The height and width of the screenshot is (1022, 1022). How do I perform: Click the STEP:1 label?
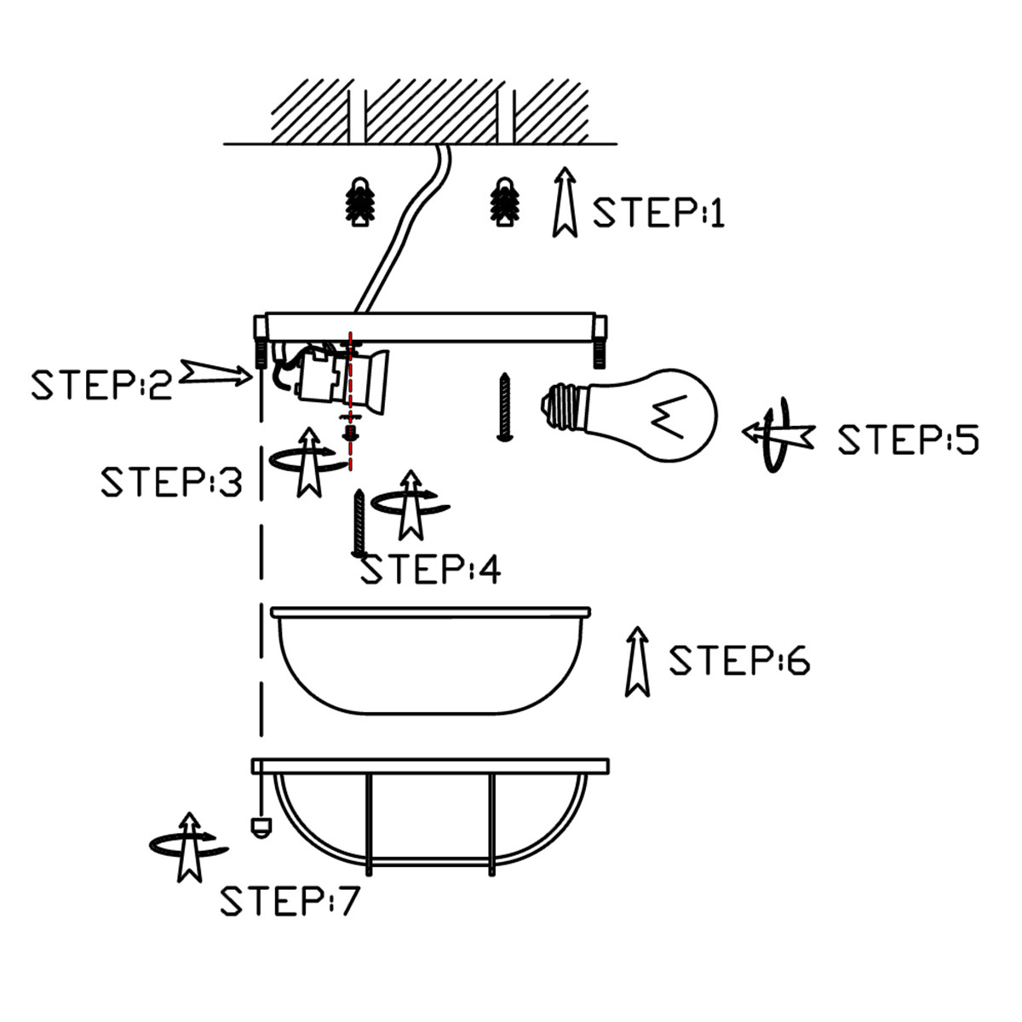tap(658, 212)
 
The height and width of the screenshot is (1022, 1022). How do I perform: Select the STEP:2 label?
tap(101, 384)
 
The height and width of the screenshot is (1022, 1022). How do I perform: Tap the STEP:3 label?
tap(171, 482)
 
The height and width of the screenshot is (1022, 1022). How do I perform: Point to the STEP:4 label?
tap(431, 570)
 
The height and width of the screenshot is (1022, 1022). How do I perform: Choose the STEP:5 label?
tap(908, 439)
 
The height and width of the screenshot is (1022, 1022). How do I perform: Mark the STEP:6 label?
tap(738, 661)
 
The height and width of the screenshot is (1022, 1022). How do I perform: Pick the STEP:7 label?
tap(290, 901)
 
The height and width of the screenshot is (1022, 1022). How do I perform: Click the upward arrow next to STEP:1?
tap(564, 202)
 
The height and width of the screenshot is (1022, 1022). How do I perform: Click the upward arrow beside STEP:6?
tap(636, 662)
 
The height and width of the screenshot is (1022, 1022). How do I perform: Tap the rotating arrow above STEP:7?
tap(187, 847)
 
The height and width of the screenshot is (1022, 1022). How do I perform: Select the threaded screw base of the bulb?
tap(563, 407)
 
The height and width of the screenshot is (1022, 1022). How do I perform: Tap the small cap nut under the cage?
tap(257, 826)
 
